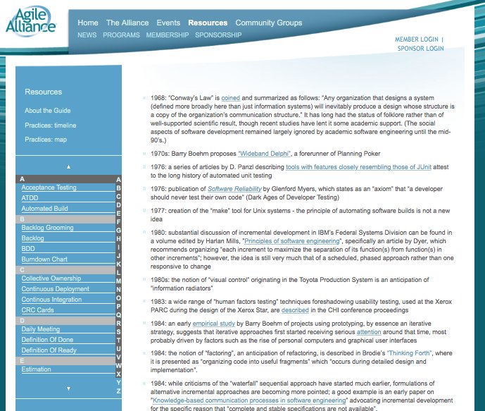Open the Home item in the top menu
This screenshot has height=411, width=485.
[x=88, y=23]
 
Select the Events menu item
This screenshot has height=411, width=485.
[x=168, y=23]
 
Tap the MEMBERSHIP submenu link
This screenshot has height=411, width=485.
[x=168, y=35]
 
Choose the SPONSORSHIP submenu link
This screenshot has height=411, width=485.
[x=218, y=35]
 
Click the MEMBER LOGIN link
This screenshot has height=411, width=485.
[x=416, y=39]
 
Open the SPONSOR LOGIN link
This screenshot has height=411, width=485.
[x=420, y=49]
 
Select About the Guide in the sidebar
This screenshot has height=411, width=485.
[x=47, y=111]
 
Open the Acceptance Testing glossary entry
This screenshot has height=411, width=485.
[x=49, y=188]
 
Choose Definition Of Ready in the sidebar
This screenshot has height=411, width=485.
[x=49, y=350]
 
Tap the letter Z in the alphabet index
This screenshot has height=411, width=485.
[x=118, y=391]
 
